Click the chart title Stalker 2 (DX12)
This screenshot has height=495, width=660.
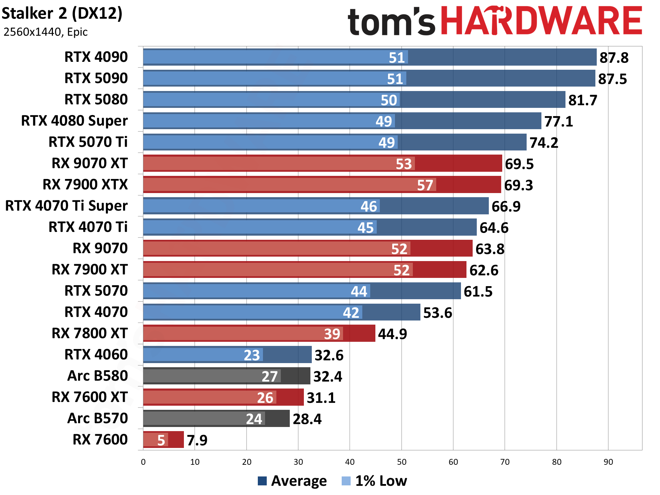click(x=62, y=14)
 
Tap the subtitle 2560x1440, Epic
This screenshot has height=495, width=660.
click(x=45, y=32)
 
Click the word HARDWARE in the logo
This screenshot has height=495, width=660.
click(x=541, y=21)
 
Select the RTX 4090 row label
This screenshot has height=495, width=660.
click(x=96, y=57)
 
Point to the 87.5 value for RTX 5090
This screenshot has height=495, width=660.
click(x=612, y=79)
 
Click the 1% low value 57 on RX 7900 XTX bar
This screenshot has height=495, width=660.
click(x=425, y=185)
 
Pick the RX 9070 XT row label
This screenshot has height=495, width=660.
click(x=89, y=163)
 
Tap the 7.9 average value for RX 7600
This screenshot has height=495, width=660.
click(x=197, y=440)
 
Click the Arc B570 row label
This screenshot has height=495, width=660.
click(x=97, y=418)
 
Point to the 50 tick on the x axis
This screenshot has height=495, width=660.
click(x=401, y=462)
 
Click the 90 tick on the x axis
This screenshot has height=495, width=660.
click(x=608, y=462)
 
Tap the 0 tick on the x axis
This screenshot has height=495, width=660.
click(x=143, y=462)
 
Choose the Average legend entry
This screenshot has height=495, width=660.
click(x=292, y=481)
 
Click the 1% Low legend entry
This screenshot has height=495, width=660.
click(x=375, y=481)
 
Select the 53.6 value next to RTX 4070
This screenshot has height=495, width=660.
click(x=437, y=313)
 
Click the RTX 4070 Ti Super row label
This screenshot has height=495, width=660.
click(x=66, y=206)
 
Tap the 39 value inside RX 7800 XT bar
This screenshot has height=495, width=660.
click(x=332, y=334)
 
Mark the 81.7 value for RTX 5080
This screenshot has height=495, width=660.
click(x=583, y=100)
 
